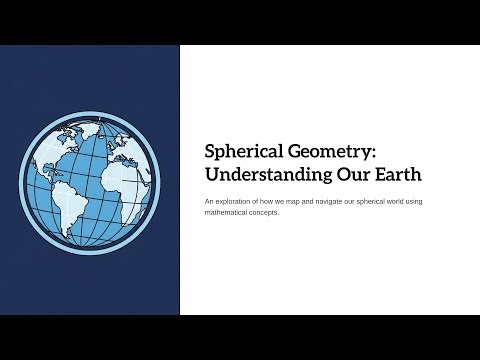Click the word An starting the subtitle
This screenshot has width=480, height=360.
click(x=208, y=201)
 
